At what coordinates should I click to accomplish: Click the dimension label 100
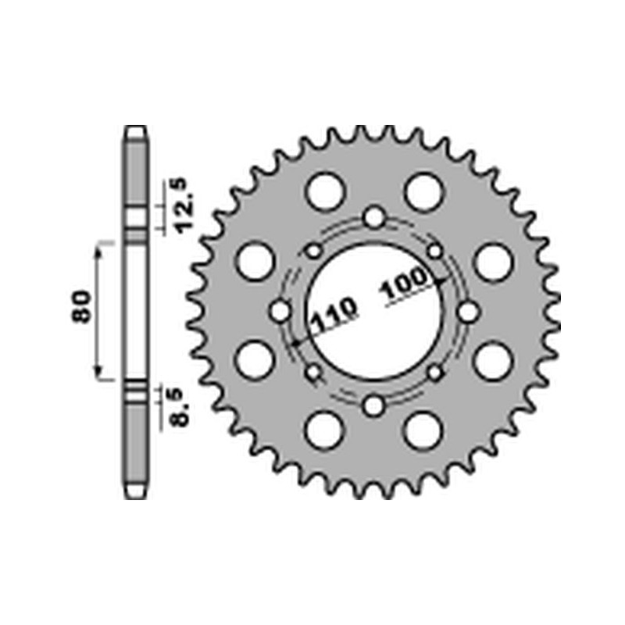[405, 285]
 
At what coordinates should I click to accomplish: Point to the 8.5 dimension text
[181, 408]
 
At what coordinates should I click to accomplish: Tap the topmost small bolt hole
[374, 217]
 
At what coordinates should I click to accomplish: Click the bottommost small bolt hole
[374, 405]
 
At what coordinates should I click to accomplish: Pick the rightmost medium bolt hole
[469, 312]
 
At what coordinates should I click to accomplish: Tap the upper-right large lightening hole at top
[423, 191]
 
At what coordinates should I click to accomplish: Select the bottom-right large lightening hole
[423, 430]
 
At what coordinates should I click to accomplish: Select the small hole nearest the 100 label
[435, 252]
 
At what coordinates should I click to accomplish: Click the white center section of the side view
[136, 312]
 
